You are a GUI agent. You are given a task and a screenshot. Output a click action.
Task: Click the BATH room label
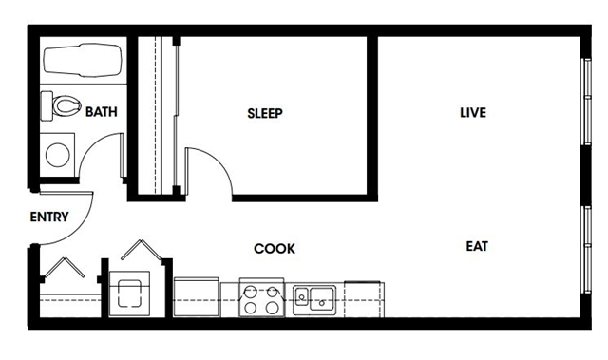pyautogui.click(x=102, y=112)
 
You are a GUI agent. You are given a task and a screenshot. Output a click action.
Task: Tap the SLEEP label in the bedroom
pyautogui.click(x=265, y=113)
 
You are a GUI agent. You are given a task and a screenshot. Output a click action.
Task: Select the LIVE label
pyautogui.click(x=473, y=112)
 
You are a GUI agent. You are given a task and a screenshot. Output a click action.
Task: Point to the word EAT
pyautogui.click(x=477, y=246)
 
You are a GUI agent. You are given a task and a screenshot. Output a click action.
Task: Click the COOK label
pyautogui.click(x=275, y=249)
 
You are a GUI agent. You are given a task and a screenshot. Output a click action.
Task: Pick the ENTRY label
pyautogui.click(x=49, y=217)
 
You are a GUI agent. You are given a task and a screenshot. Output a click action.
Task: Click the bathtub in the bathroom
pyautogui.click(x=83, y=61)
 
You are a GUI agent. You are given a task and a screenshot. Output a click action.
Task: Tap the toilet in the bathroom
pyautogui.click(x=61, y=105)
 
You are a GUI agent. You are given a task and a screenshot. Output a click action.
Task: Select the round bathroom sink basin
pyautogui.click(x=58, y=155)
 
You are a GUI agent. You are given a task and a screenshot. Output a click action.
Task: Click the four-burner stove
pyautogui.click(x=262, y=297)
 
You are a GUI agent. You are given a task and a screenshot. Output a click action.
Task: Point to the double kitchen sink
pyautogui.click(x=314, y=299)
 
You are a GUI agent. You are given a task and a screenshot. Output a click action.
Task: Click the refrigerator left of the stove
pyautogui.click(x=197, y=297)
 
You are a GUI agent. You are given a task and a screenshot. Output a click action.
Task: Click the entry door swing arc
pyautogui.click(x=81, y=230)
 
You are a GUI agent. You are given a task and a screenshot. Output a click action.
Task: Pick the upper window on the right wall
pyautogui.click(x=587, y=102)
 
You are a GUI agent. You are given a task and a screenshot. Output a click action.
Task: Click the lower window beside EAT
pyautogui.click(x=587, y=250)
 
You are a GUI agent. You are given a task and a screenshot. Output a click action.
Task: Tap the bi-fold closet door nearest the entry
pyautogui.click(x=65, y=267)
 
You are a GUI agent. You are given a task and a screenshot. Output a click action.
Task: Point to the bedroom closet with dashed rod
pyautogui.click(x=155, y=116)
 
